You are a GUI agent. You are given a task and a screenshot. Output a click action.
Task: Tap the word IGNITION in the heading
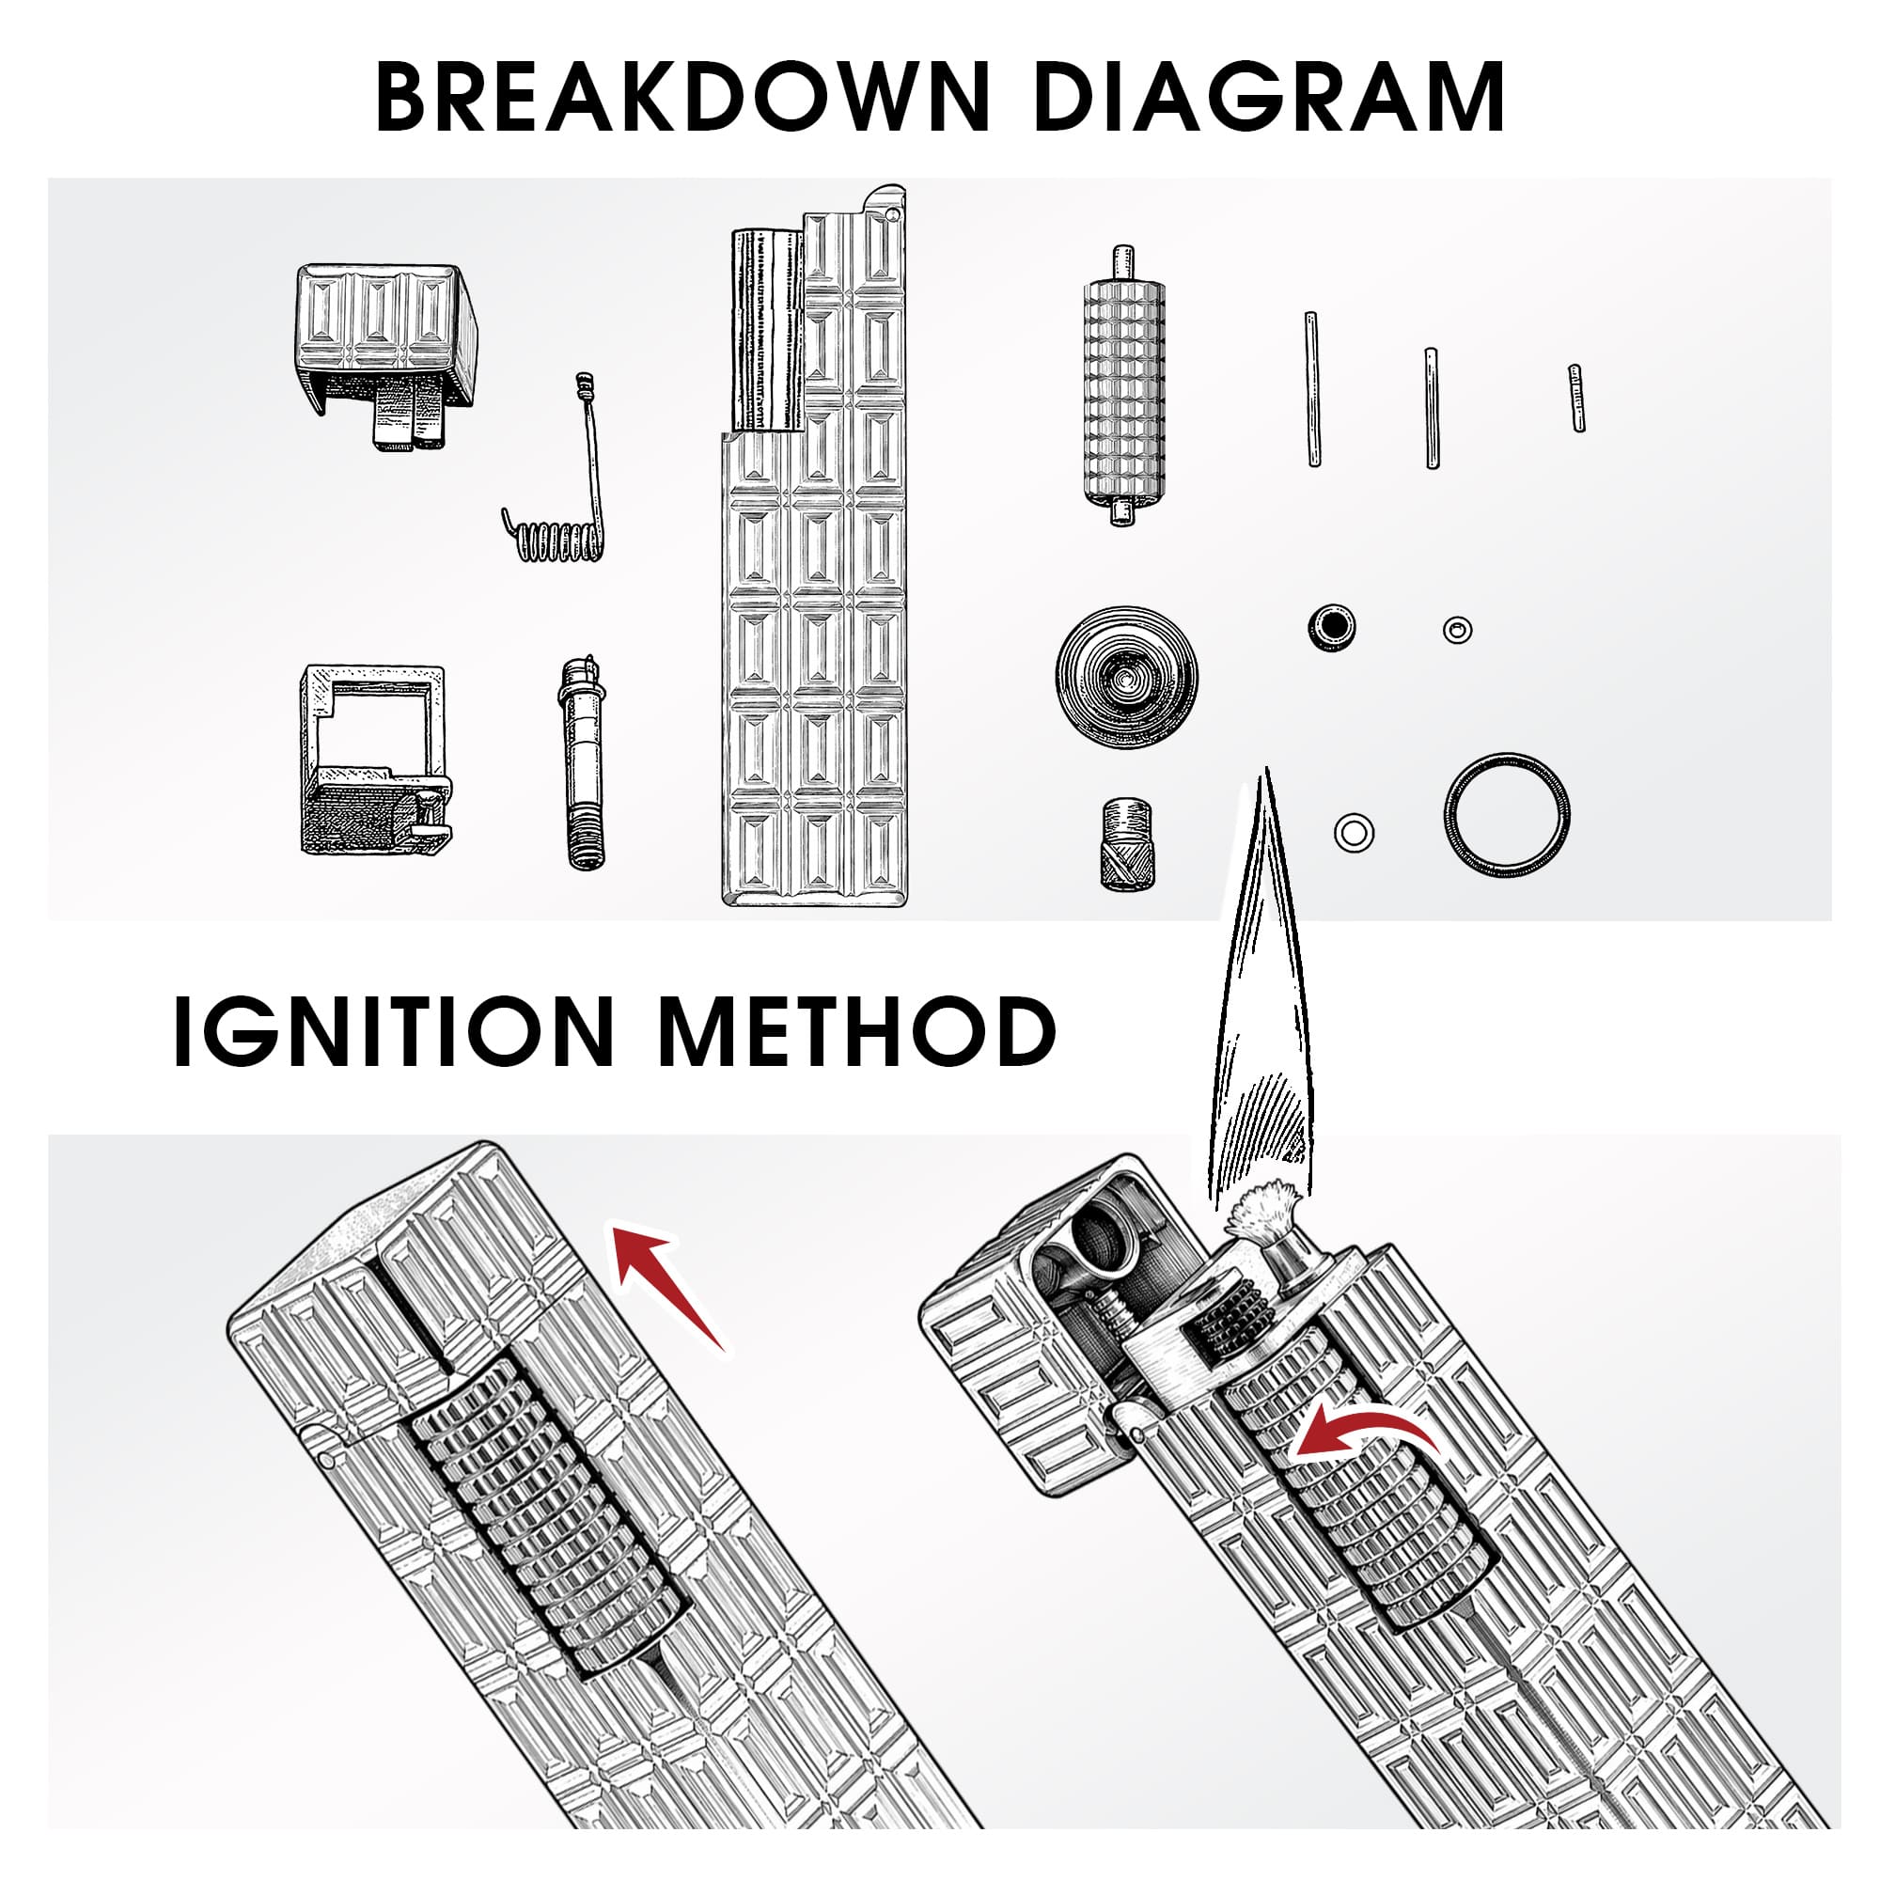(394, 1030)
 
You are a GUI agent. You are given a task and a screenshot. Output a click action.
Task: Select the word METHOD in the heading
(857, 1030)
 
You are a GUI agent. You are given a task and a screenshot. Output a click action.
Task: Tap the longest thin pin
(1312, 389)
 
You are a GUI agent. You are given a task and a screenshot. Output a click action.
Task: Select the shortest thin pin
(1576, 398)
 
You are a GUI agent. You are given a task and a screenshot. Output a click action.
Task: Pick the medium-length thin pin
(1432, 408)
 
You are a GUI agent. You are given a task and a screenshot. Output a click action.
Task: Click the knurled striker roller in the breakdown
(1124, 385)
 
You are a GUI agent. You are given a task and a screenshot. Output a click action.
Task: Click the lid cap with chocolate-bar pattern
(386, 355)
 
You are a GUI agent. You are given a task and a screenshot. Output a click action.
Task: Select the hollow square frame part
(376, 759)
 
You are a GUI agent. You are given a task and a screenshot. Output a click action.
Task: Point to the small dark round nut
(1332, 628)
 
